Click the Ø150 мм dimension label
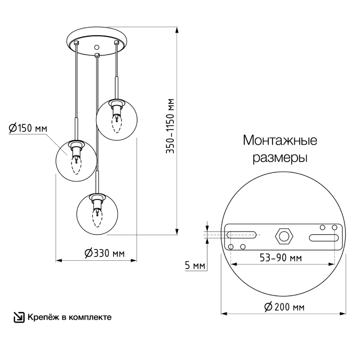pos(28,128)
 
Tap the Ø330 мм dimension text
pos(105,253)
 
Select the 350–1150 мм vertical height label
pos(170,126)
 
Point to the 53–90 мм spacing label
pos(281,258)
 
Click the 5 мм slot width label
pos(195,266)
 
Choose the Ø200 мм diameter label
pos(284,307)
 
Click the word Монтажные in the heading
pos(280,140)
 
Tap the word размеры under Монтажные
pos(280,158)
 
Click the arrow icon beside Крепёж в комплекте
pos(19,317)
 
